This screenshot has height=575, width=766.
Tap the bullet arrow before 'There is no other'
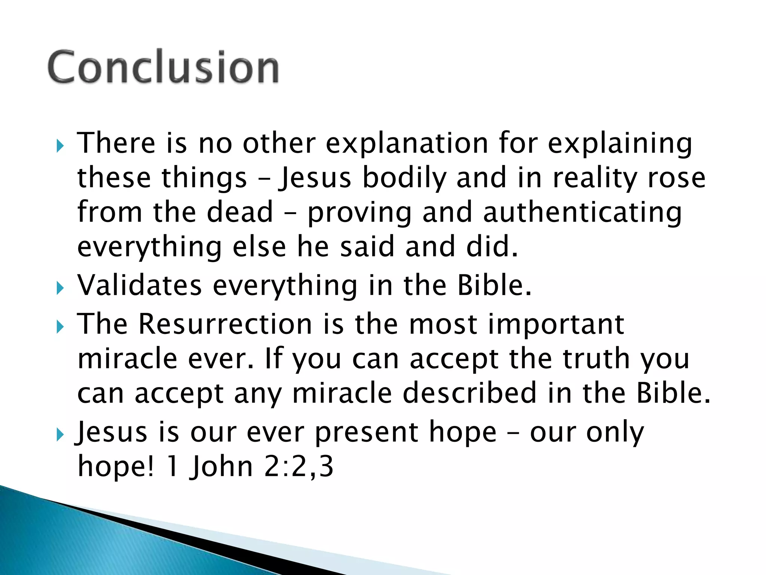pyautogui.click(x=60, y=146)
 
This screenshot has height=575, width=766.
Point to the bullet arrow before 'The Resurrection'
pyautogui.click(x=60, y=327)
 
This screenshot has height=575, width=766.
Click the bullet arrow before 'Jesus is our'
pyautogui.click(x=60, y=435)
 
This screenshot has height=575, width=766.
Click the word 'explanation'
pyautogui.click(x=407, y=144)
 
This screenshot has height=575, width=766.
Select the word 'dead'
pyautogui.click(x=240, y=212)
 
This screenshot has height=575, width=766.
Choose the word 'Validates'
pyautogui.click(x=140, y=286)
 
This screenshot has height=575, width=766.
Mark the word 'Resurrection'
pyautogui.click(x=225, y=324)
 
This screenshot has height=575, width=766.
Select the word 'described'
pyautogui.click(x=470, y=393)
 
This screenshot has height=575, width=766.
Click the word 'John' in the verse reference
pyautogui.click(x=221, y=467)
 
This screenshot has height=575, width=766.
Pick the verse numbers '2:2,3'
pyautogui.click(x=298, y=467)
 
